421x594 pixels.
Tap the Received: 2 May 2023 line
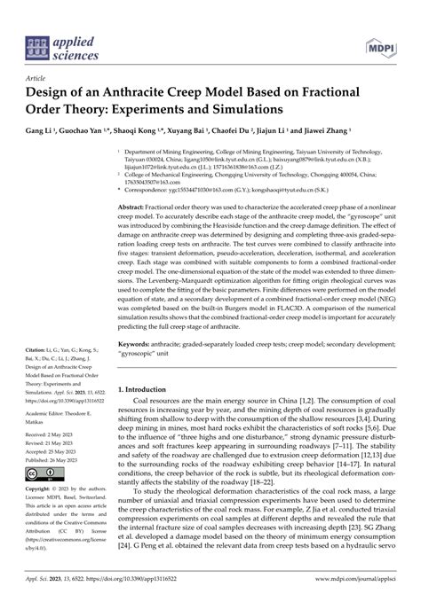tap(52, 434)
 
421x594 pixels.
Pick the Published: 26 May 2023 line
tap(54, 458)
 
